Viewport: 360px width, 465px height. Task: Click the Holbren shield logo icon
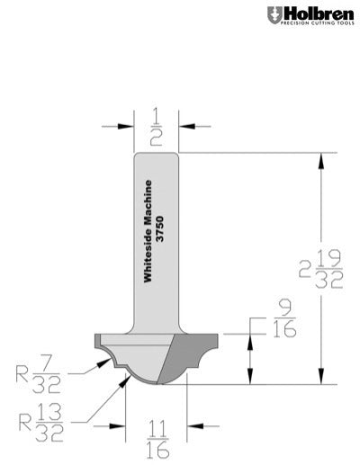click(x=273, y=15)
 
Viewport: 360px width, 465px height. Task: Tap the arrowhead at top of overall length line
click(x=320, y=157)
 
